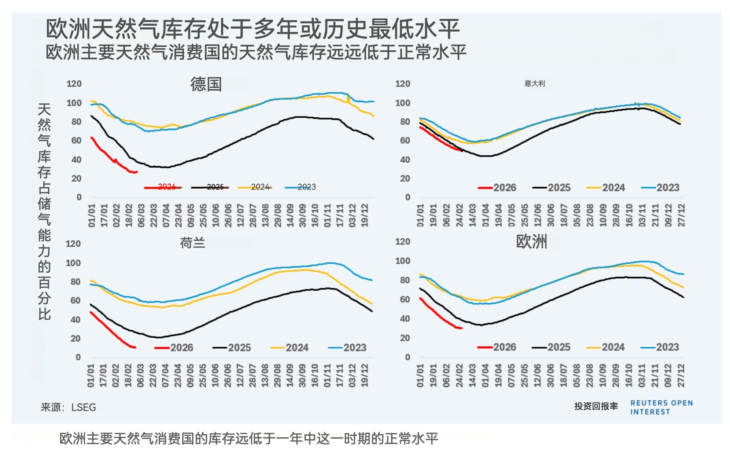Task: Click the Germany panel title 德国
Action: pos(206,84)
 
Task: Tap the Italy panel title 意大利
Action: pos(534,84)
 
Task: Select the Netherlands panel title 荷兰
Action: pos(192,243)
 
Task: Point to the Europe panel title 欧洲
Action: pos(531,242)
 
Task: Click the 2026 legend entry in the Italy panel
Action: pos(497,188)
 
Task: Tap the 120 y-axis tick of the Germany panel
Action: pos(74,84)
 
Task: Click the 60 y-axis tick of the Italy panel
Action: pos(405,140)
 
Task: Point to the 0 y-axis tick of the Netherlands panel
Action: pos(78,357)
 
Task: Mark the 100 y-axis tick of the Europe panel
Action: pos(402,261)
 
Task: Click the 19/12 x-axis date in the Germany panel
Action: pos(365,216)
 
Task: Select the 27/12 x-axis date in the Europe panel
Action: pos(681,375)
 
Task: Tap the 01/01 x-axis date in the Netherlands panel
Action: pos(91,375)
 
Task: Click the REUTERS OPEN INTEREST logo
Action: pos(661,407)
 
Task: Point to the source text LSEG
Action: pos(84,407)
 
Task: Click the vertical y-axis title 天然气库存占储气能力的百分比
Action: pos(44,212)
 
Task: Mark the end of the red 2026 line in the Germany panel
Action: pos(137,172)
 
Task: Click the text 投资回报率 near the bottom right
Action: pos(596,406)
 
